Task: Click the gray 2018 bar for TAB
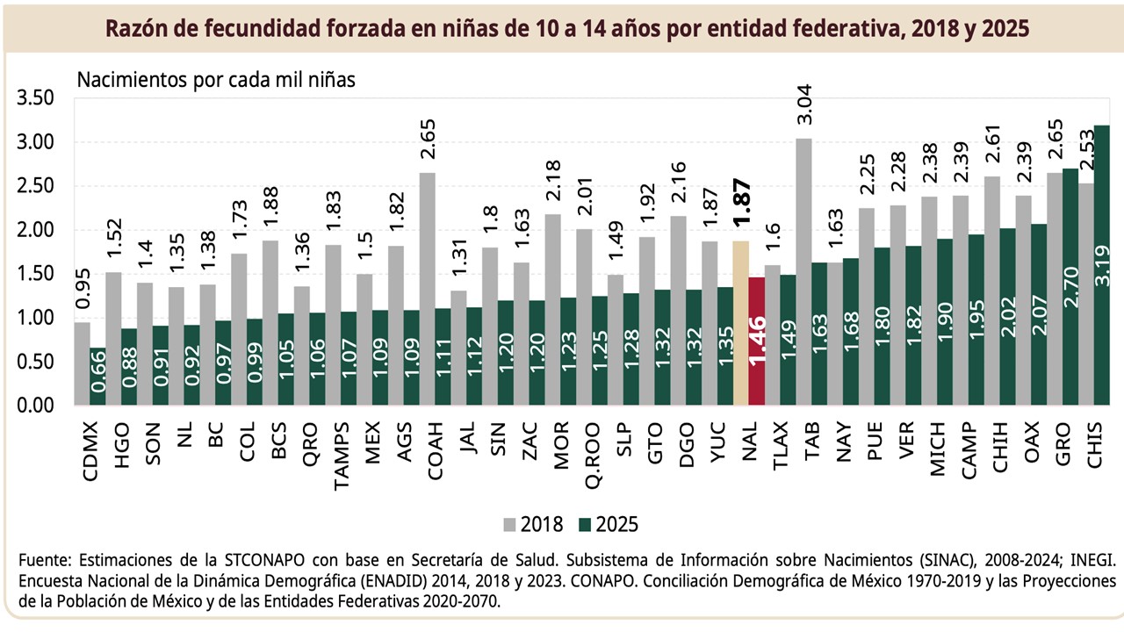click(x=803, y=271)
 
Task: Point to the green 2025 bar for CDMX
click(x=97, y=377)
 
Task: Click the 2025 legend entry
click(x=609, y=525)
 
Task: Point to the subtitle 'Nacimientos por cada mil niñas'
click(x=215, y=79)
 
